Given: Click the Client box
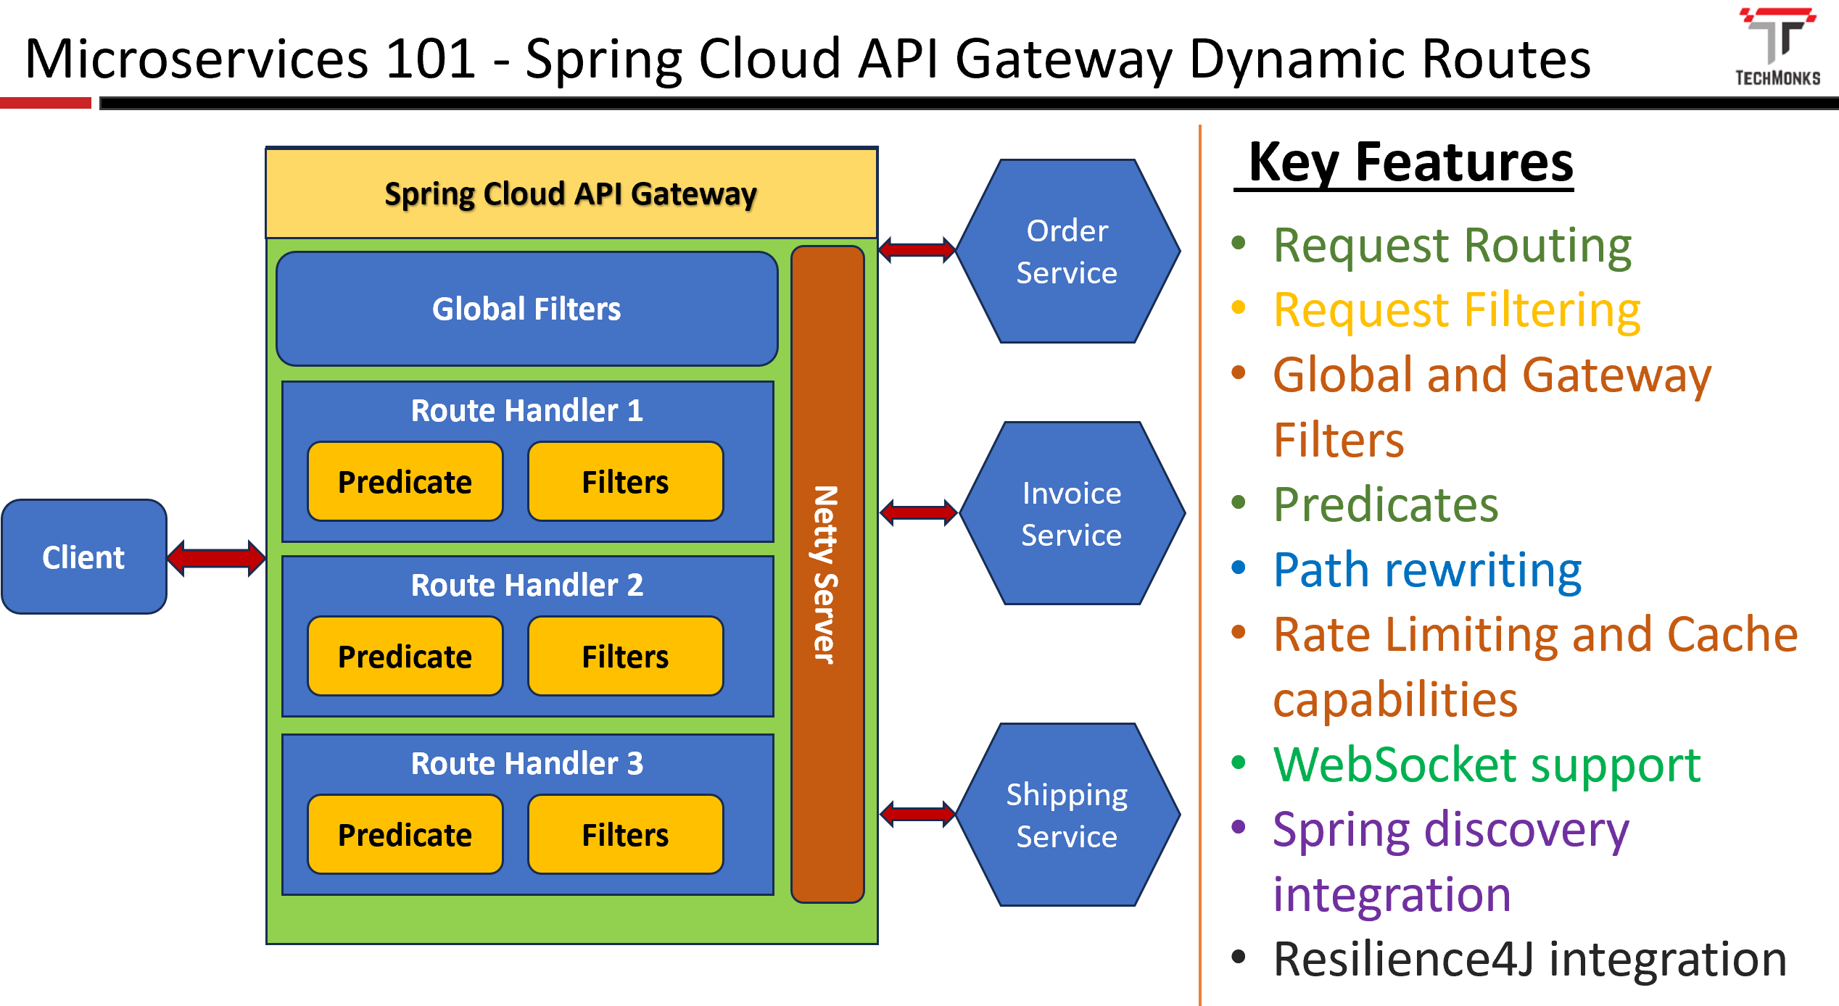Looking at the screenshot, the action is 84,557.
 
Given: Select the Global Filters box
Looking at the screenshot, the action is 527,309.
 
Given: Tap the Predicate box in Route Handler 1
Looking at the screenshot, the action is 405,481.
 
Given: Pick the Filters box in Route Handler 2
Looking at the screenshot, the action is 626,656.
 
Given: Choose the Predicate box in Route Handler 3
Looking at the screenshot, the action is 405,834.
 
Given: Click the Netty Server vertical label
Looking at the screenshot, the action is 826,574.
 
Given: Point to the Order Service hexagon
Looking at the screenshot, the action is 1067,251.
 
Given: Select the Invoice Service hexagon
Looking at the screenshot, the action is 1072,513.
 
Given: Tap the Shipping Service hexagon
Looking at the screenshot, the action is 1067,815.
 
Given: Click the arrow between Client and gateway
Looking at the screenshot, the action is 216,558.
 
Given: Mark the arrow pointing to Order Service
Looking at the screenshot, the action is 917,250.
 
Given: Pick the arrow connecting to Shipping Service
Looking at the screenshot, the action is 917,814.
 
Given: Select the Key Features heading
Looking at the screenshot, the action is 1410,162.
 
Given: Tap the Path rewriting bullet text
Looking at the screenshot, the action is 1427,570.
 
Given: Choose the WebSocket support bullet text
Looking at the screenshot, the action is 1487,765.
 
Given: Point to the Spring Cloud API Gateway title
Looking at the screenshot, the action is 571,194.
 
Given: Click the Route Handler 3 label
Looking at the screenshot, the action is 527,763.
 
